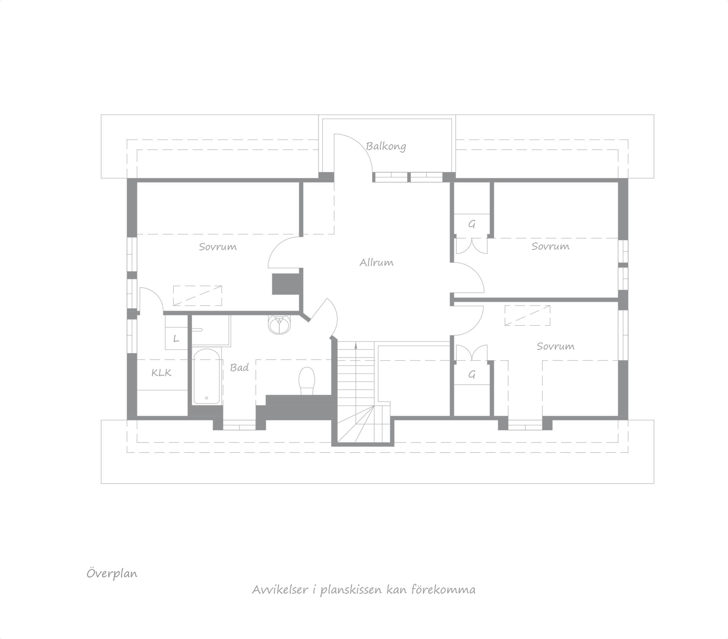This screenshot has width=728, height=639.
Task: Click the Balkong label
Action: [386, 146]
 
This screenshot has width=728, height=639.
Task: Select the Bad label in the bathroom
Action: [239, 368]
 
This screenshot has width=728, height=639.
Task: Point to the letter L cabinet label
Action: [176, 339]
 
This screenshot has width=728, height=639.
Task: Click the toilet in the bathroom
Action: [307, 381]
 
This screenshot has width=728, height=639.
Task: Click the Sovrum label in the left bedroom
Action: [218, 247]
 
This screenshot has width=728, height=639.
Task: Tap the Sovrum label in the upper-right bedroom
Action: [550, 246]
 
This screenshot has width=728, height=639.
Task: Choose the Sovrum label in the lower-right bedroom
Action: [556, 346]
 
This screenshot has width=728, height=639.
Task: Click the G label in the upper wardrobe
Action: [472, 225]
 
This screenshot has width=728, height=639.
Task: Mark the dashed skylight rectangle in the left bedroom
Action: [198, 296]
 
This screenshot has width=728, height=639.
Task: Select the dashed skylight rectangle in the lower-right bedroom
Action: [527, 315]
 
